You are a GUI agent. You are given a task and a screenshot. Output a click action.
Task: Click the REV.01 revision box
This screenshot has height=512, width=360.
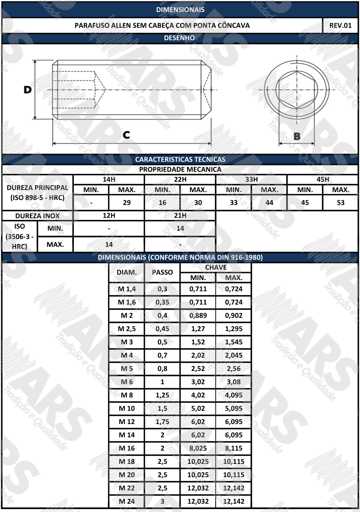[x=341, y=25]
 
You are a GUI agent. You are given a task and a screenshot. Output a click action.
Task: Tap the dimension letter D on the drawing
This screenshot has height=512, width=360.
[x=28, y=90]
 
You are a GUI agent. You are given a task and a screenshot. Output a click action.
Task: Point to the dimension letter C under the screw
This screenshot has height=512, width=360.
[x=126, y=135]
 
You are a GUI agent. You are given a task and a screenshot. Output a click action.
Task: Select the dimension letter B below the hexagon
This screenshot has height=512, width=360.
[x=297, y=136]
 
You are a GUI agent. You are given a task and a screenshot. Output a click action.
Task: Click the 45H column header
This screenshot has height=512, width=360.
[x=323, y=179]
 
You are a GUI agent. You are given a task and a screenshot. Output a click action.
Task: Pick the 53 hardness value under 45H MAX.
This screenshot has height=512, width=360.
[x=341, y=202]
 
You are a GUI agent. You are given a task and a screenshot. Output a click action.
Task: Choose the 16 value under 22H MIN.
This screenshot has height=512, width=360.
[x=163, y=202]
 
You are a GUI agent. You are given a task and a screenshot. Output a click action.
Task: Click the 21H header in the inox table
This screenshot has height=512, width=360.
[x=180, y=215]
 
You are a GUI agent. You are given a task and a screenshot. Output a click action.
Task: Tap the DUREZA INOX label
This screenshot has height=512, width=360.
[x=37, y=216]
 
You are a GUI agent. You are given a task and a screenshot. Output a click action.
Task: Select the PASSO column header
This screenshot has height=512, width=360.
[x=163, y=272]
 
